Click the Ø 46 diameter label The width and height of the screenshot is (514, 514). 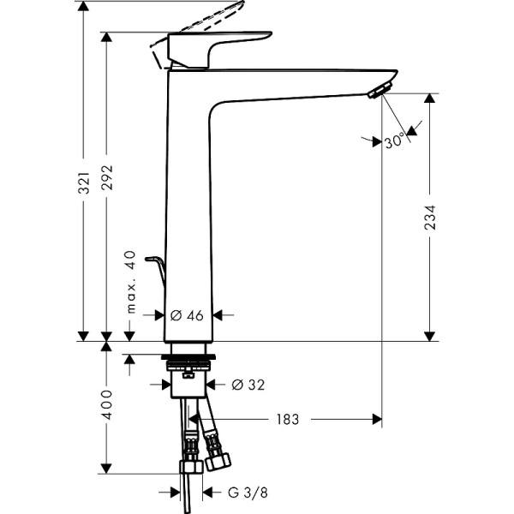[x=188, y=315]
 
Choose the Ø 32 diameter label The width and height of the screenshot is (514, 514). [x=246, y=384]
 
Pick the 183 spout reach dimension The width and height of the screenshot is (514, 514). [x=287, y=420]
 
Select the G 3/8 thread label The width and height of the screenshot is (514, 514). [x=244, y=493]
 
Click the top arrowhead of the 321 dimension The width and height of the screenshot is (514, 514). [x=84, y=7]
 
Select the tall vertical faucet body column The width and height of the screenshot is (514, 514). [x=187, y=214]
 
